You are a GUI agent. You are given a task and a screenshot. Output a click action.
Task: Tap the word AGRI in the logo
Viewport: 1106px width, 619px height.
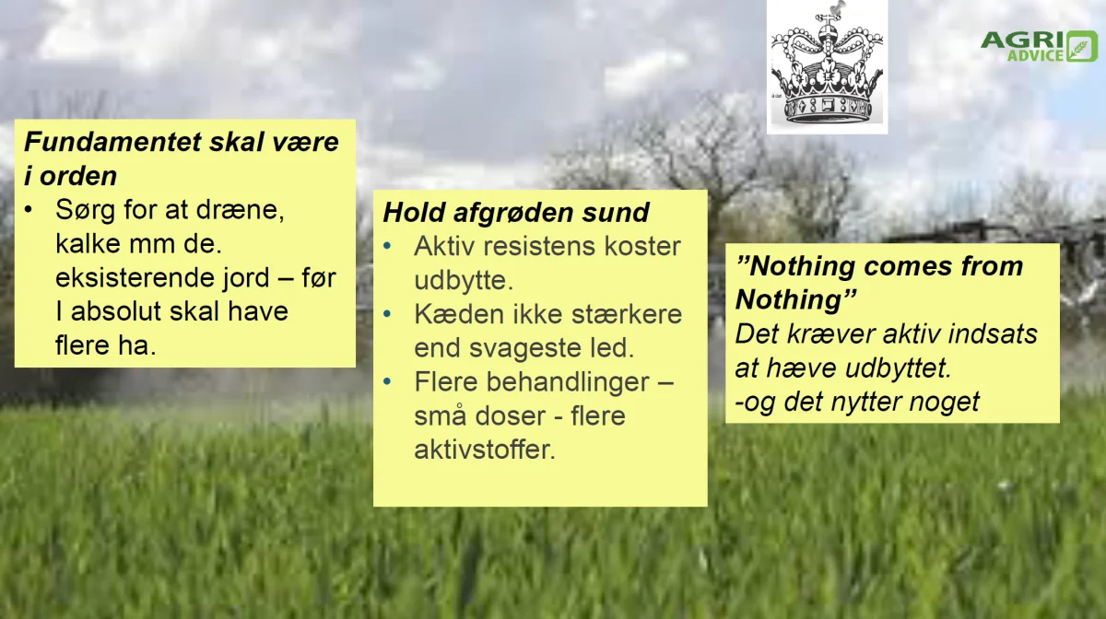pos(1022,40)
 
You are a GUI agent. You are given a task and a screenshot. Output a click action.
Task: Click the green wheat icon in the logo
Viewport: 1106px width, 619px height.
pos(1082,46)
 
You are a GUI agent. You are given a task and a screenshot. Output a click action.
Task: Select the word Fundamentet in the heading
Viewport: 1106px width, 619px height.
pos(113,142)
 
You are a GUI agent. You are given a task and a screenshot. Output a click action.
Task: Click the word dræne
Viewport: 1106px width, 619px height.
pos(241,210)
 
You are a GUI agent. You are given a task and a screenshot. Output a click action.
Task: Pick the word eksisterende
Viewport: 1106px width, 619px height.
pos(162,277)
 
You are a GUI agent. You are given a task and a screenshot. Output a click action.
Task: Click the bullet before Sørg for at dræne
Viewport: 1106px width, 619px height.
pos(29,210)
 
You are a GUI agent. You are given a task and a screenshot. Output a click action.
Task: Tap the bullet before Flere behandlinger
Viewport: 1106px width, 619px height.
pos(387,381)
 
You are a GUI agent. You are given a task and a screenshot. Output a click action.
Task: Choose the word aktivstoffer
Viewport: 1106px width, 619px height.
pos(485,450)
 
